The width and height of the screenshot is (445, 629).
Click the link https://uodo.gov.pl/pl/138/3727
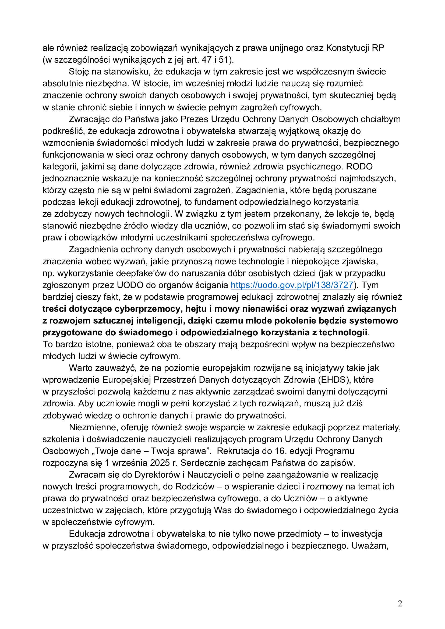point(292,285)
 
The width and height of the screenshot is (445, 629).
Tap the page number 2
point(400,603)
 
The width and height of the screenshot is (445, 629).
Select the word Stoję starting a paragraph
point(79,72)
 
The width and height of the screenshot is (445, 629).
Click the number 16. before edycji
point(281,451)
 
